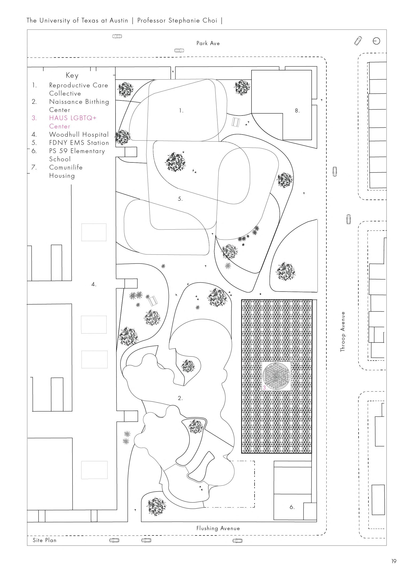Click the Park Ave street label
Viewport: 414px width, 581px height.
pos(208,43)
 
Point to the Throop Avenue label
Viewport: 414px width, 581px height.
pos(343,331)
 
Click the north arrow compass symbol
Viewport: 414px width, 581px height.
pos(376,41)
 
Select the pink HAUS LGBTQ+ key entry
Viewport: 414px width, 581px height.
pos(73,122)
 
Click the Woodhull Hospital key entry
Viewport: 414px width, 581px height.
pos(79,134)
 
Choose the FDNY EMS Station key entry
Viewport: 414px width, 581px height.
pos(79,143)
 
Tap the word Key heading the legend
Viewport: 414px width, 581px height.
pos(72,75)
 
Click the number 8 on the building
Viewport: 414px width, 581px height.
pos(297,111)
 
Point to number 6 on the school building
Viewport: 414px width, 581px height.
pos(292,507)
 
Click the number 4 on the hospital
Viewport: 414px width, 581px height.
pos(94,284)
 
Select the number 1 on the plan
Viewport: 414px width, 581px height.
pos(181,111)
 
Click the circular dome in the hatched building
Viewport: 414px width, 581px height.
pos(276,376)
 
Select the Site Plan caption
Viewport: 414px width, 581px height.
pos(45,540)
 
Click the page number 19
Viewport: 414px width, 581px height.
pos(394,561)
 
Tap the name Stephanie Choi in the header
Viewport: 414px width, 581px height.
pos(193,20)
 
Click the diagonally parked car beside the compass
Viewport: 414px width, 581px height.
pos(358,41)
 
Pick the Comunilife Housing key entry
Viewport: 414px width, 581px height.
pos(66,171)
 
